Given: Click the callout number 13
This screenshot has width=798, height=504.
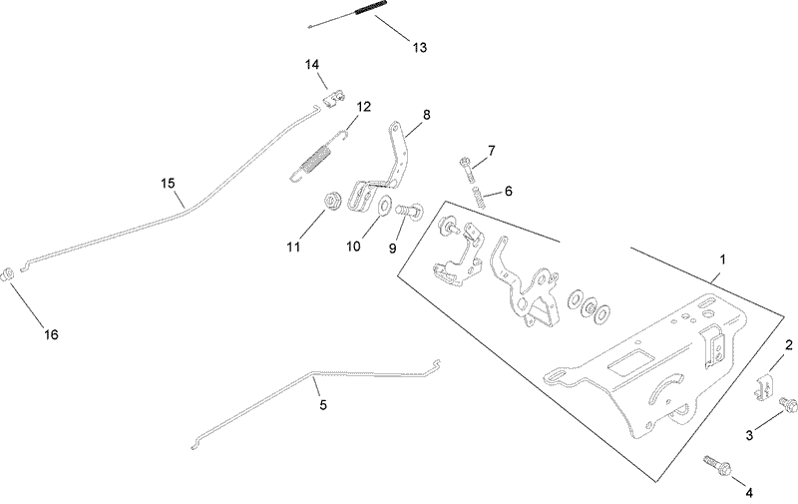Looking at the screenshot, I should click(x=418, y=47).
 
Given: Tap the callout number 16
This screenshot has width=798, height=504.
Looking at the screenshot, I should click(x=49, y=334).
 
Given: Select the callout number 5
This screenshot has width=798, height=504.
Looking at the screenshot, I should click(x=322, y=405).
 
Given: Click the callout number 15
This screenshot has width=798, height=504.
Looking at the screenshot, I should click(x=168, y=183).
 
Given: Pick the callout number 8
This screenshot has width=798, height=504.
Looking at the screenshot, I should click(x=426, y=115).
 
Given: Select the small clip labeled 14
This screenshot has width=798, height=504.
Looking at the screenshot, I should click(x=334, y=97).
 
